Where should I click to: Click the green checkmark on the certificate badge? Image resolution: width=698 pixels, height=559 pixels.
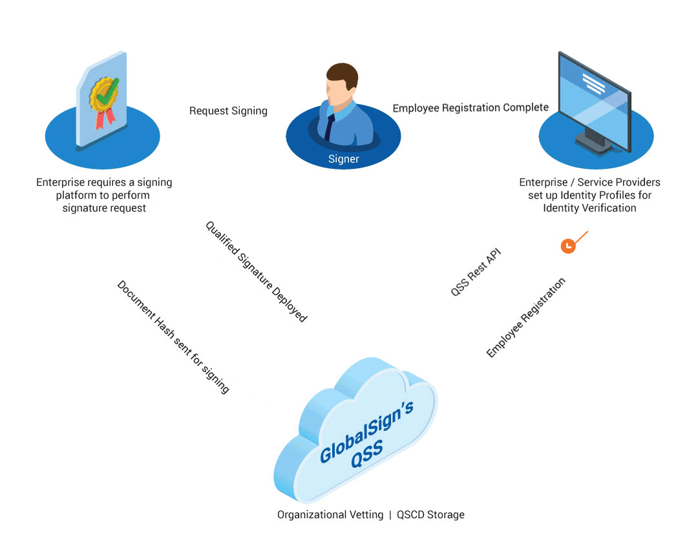(105, 91)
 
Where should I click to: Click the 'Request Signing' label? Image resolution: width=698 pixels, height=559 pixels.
(228, 111)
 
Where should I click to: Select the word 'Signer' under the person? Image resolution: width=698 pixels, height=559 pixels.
(343, 159)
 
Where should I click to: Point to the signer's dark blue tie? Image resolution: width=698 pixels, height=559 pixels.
(329, 126)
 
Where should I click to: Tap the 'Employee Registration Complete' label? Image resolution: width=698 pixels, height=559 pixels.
(471, 107)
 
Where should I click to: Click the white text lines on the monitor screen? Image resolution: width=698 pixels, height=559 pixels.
(593, 83)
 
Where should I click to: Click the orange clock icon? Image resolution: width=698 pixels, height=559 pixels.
(567, 246)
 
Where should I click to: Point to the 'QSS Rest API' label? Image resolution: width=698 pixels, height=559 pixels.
(476, 272)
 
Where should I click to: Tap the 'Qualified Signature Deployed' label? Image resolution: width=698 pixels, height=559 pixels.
(256, 272)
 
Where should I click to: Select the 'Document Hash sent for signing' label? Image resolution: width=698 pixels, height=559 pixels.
(173, 337)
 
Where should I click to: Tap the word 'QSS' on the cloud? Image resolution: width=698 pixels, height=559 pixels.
(367, 454)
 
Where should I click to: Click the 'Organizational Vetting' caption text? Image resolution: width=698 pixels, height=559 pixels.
(329, 515)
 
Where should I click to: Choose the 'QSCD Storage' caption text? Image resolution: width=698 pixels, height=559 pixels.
(430, 515)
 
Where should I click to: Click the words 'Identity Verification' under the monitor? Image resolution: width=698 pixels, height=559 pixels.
(589, 208)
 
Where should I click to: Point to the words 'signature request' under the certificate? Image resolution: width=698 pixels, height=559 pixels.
(104, 208)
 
